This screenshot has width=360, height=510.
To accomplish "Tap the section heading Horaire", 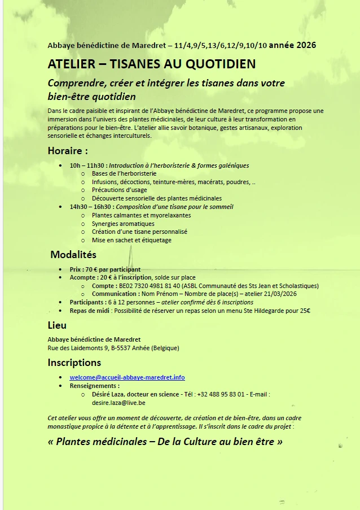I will point(68,151).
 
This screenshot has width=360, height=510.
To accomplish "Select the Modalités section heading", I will point(73,255).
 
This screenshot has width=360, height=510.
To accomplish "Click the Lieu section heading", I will point(57,325).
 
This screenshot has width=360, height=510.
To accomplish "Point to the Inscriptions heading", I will point(74,363).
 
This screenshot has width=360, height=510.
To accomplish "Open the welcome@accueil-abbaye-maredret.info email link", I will point(127,377).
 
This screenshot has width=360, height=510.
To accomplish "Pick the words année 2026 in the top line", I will point(292,45).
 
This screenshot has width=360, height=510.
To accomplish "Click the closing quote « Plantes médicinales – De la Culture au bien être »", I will point(165,442).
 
